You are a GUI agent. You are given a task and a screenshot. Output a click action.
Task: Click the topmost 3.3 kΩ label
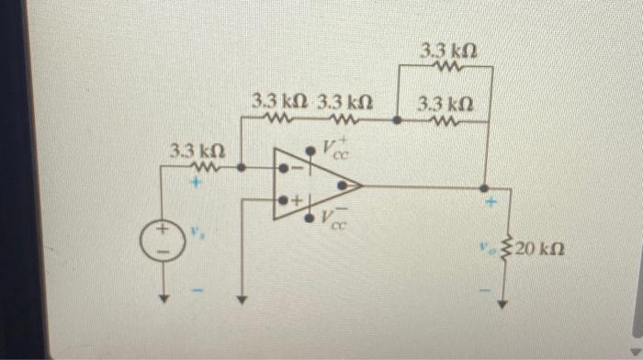pyautogui.click(x=447, y=49)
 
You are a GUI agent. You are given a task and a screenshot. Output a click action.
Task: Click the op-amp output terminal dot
pyautogui.click(x=343, y=185)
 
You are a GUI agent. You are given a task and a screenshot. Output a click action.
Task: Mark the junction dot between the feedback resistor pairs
pyautogui.click(x=396, y=118)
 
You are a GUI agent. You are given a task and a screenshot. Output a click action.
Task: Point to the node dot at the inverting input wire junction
pyautogui.click(x=241, y=168)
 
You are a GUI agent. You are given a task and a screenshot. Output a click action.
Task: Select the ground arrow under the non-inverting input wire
pyautogui.click(x=241, y=298)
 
